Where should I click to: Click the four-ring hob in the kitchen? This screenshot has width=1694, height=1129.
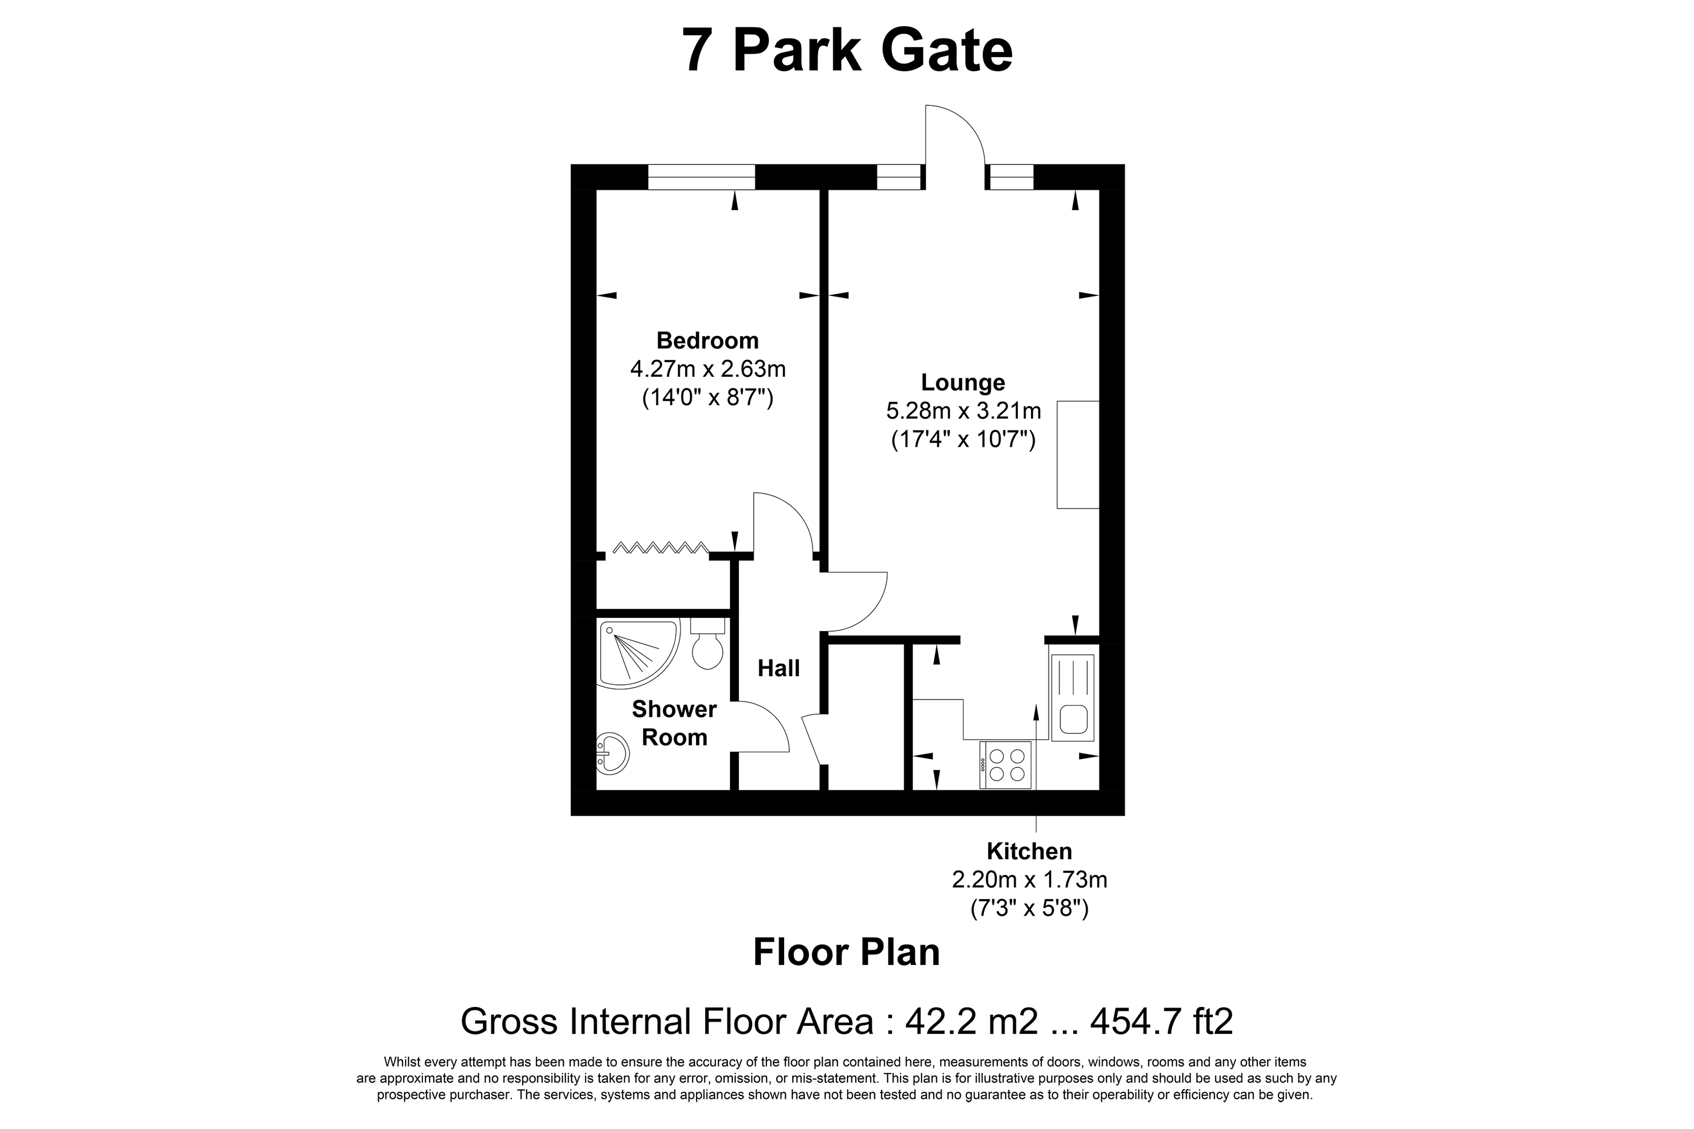(1006, 765)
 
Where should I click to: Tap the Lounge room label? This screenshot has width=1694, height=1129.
(963, 382)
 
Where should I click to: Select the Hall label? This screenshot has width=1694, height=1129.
(778, 668)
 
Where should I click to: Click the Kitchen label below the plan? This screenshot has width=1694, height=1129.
(1029, 851)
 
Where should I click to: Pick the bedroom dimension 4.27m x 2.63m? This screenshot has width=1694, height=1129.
(708, 369)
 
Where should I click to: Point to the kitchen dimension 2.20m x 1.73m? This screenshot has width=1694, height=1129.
(1029, 880)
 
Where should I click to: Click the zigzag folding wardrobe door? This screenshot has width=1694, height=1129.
(660, 547)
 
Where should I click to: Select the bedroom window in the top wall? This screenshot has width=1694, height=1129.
(701, 177)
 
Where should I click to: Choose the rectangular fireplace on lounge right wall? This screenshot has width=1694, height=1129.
(1078, 454)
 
